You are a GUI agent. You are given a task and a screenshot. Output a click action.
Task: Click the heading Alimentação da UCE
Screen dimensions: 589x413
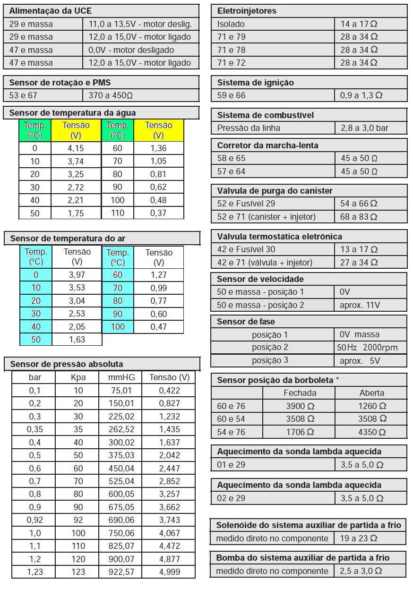(51, 10)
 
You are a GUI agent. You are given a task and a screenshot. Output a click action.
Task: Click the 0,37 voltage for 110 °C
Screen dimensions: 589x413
(158, 213)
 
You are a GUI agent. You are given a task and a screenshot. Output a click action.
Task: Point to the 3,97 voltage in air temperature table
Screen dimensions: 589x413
(77, 274)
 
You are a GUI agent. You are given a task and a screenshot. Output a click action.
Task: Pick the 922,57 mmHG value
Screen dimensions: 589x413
(121, 572)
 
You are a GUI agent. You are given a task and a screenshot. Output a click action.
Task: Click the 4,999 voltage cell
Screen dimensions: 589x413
(169, 572)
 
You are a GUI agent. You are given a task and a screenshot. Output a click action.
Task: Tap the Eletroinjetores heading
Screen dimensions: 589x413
(247, 10)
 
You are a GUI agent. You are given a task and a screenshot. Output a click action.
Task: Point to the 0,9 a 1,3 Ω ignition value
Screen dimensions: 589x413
(361, 95)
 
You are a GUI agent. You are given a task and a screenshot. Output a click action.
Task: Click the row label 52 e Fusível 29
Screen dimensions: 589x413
(246, 204)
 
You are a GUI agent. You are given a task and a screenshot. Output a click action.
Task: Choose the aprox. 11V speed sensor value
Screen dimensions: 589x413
(360, 305)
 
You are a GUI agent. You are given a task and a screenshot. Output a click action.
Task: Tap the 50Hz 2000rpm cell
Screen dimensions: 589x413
(367, 348)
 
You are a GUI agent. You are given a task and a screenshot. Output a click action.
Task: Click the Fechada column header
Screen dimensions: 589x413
(300, 393)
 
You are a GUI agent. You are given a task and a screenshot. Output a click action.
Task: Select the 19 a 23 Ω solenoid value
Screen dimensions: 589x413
(358, 538)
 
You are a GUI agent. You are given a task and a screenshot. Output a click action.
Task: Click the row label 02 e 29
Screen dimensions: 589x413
(231, 498)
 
